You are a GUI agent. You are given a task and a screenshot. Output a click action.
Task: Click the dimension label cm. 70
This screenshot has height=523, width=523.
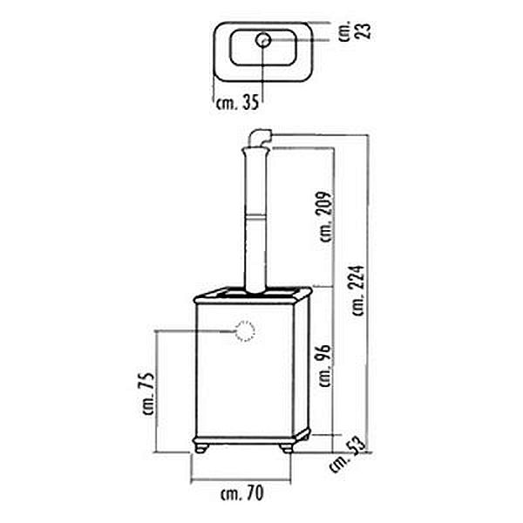242,493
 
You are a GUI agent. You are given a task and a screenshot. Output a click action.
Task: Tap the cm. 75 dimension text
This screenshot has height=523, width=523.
148,394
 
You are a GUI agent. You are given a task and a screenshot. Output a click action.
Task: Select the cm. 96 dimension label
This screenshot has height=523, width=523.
325,366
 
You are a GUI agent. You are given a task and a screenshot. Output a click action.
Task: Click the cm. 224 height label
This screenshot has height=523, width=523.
358,290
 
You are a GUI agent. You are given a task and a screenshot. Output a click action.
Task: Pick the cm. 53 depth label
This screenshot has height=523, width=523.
347,455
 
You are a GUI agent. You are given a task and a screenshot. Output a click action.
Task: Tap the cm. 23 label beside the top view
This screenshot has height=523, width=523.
354,31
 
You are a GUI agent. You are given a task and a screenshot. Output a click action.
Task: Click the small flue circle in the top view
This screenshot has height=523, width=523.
263,40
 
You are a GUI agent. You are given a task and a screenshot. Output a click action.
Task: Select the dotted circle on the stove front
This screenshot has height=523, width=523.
245,331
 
